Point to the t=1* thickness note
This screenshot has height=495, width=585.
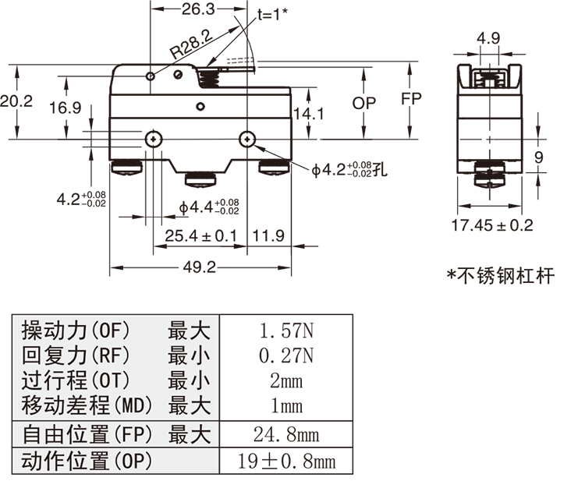273,13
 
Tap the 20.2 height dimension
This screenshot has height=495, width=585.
16,101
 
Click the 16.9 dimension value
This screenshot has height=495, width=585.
65,108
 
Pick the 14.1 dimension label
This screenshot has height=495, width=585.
308,114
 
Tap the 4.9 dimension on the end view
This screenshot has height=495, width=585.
488,37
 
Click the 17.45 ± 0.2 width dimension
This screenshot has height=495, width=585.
493,225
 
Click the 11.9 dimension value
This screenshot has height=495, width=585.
268,235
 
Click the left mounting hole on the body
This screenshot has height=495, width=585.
154,140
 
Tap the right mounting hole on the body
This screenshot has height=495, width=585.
247,140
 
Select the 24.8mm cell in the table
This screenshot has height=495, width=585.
286,434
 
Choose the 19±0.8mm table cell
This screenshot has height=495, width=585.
286,461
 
